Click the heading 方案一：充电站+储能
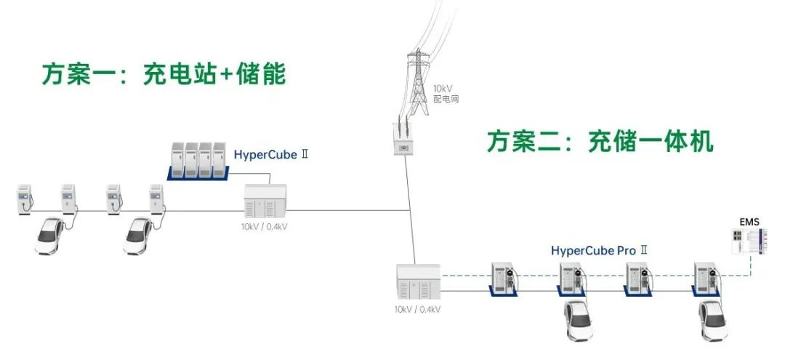[163, 74]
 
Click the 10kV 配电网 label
[446, 94]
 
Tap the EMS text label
[749, 220]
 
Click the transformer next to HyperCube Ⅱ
[265, 201]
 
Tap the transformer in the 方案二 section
[418, 283]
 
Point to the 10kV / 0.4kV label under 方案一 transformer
[265, 226]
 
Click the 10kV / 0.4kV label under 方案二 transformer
[418, 309]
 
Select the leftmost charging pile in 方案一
[25, 199]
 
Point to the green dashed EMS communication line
[603, 275]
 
